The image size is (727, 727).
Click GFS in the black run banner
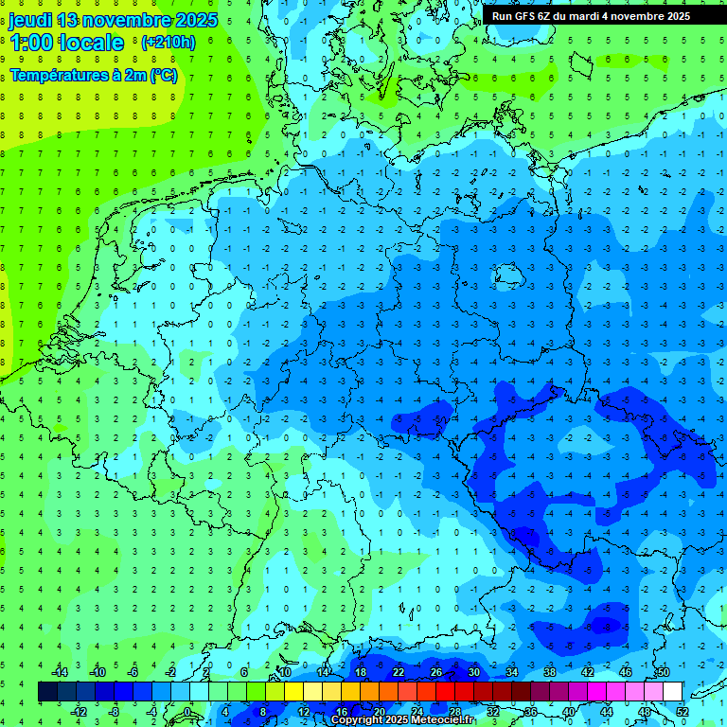(526, 16)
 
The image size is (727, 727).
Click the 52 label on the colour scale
(683, 712)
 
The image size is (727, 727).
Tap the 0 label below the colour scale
(188, 712)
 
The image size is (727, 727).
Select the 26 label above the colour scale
(435, 672)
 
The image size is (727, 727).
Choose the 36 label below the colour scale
(530, 712)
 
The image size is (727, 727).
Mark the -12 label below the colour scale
(79, 712)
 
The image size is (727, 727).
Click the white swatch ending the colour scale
(672, 691)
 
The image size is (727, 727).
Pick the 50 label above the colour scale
(663, 672)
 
